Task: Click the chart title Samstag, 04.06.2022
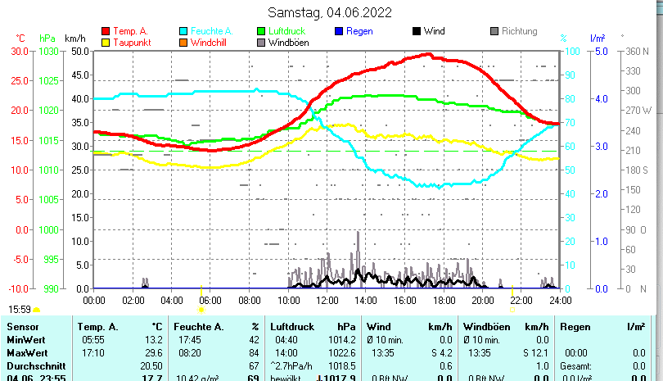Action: (x=330, y=12)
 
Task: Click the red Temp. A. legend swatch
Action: (x=106, y=31)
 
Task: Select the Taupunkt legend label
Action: (x=131, y=43)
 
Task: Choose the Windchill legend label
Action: (x=210, y=43)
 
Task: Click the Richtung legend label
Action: (x=519, y=31)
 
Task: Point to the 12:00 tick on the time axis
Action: (x=327, y=300)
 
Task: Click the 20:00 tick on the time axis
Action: (x=482, y=300)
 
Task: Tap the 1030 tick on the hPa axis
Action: (x=50, y=51)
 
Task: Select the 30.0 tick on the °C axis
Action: (x=20, y=51)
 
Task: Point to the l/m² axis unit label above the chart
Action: (x=598, y=38)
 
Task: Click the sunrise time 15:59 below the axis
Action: (x=20, y=309)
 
